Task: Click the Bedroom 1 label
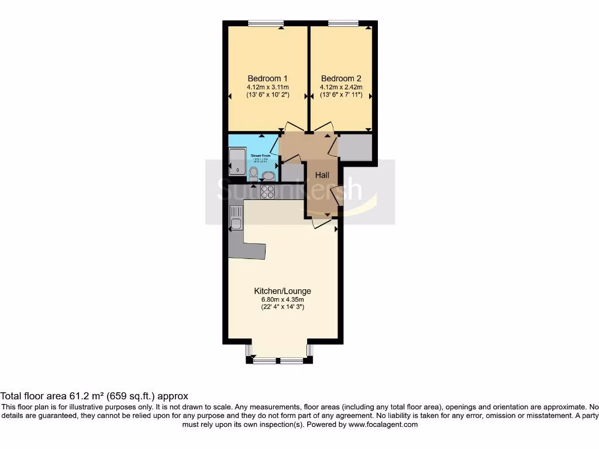pos(267,78)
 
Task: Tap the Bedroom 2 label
pos(341,78)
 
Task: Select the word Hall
pos(322,175)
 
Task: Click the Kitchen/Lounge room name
pos(282,291)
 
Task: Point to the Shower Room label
pos(260,156)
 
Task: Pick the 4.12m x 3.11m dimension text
pos(267,88)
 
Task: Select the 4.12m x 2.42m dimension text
pos(341,88)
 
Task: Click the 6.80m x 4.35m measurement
pos(282,299)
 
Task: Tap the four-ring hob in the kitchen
pos(267,191)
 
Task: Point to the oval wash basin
pos(269,175)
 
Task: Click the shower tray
pos(238,161)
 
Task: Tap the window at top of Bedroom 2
pos(343,23)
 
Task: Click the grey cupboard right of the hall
pos(355,147)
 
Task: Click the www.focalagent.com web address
pos(383,425)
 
